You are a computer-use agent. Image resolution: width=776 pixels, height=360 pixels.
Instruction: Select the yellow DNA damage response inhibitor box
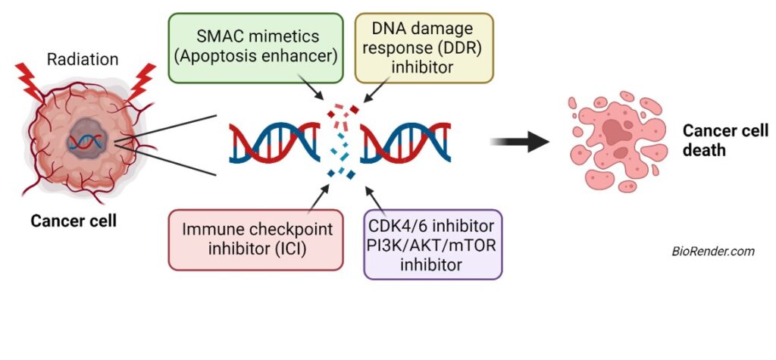pos(424,47)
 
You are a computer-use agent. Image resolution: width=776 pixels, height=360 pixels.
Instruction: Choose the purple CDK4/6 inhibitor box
pos(433,244)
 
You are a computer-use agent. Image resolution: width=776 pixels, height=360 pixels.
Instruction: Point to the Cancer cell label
pos(74,221)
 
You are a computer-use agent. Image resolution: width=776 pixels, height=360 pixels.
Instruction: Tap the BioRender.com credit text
pos(713,252)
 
